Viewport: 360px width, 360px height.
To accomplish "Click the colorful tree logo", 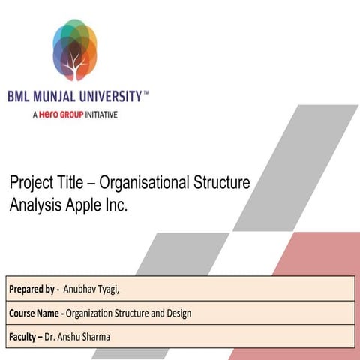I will click(x=75, y=49).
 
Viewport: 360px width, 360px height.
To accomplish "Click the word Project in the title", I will click(x=31, y=183).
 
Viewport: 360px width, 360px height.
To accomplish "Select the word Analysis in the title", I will click(x=36, y=204).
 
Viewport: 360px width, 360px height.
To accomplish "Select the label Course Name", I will click(x=35, y=313).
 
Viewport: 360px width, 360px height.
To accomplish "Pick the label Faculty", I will click(x=26, y=336).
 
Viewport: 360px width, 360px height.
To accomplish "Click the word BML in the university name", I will click(x=19, y=97).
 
